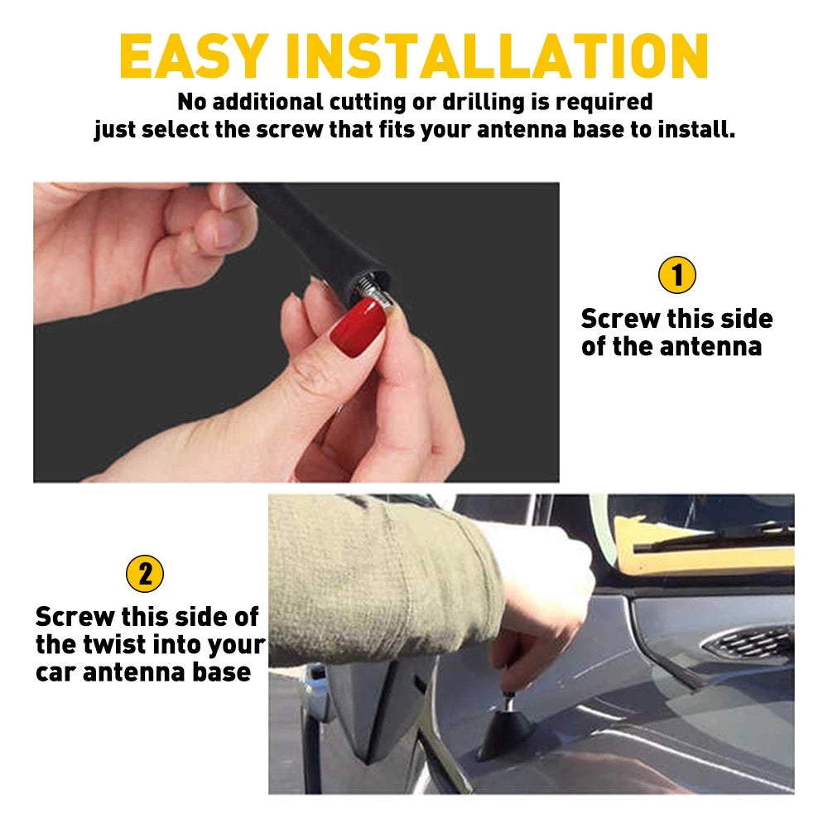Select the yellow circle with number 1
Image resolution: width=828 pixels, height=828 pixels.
676,276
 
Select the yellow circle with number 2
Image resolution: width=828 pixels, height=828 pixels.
145,574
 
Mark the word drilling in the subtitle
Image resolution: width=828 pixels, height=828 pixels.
465,103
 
